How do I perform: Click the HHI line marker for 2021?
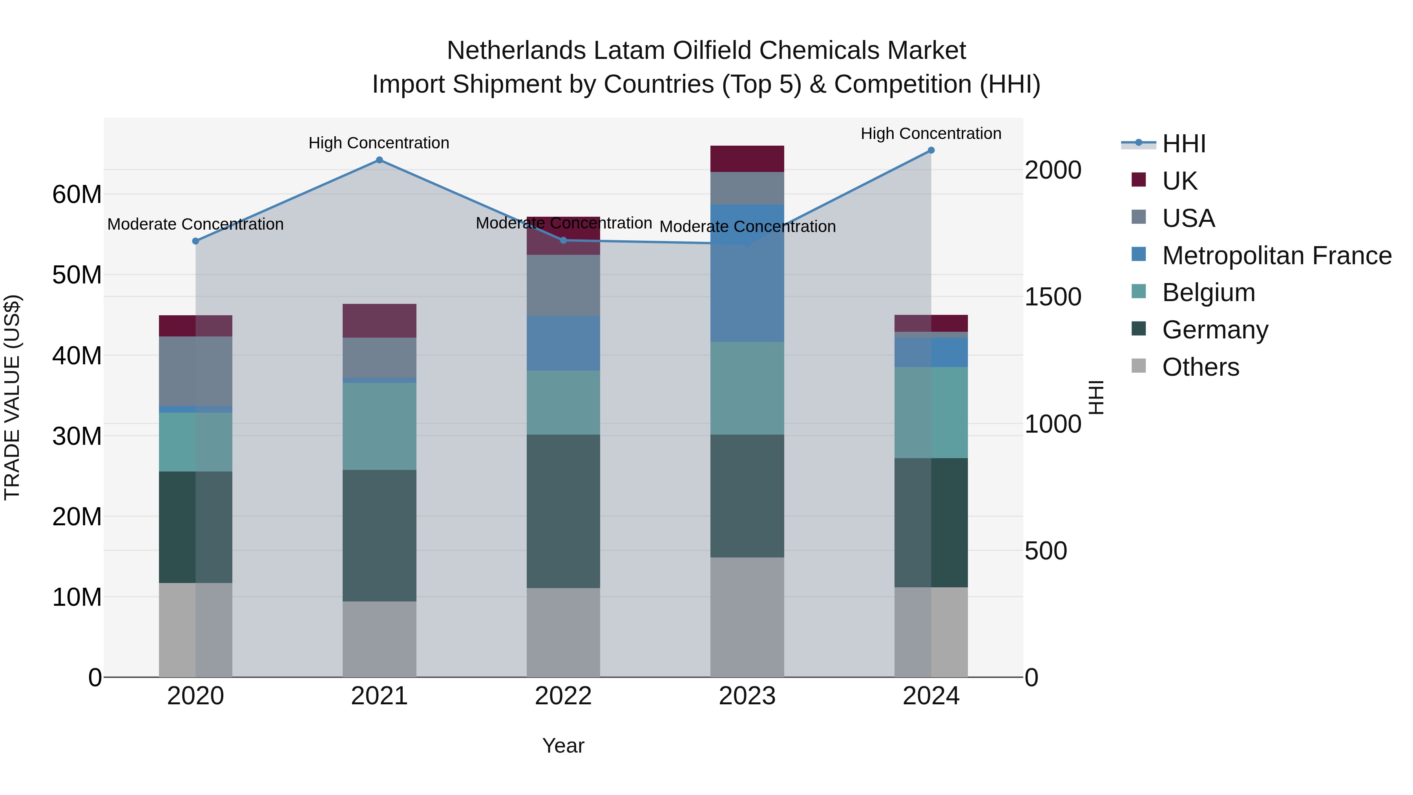click(379, 160)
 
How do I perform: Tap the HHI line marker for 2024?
click(931, 150)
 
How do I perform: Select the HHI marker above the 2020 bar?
click(196, 241)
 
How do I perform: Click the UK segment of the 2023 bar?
click(747, 159)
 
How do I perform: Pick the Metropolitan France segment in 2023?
click(747, 273)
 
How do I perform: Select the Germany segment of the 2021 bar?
click(379, 535)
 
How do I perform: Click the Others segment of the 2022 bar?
click(563, 632)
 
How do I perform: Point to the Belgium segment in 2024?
click(931, 413)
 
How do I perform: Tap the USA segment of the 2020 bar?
click(196, 371)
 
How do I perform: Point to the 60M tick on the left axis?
click(77, 194)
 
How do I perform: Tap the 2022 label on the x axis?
click(563, 696)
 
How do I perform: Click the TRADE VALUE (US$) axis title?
click(12, 397)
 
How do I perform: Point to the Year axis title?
click(563, 746)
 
